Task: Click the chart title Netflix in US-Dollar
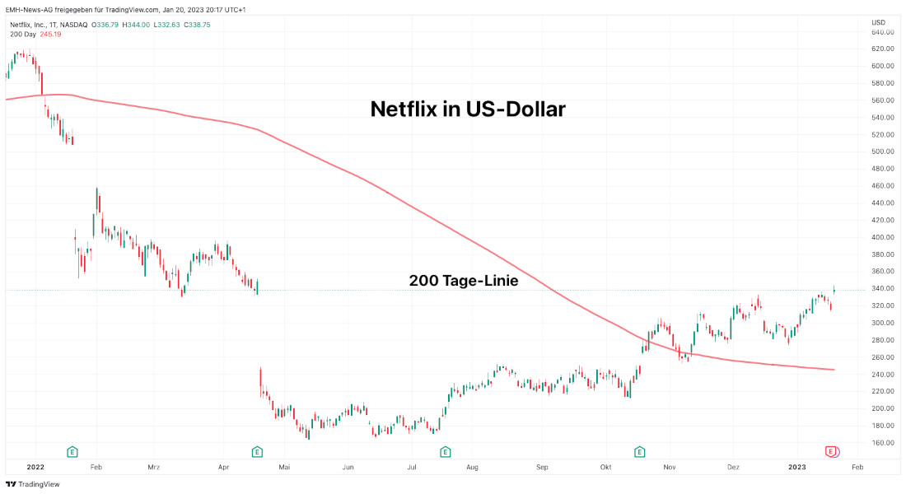(468, 109)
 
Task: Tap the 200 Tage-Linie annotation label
(464, 281)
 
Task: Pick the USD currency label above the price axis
(878, 22)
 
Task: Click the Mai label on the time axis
(285, 467)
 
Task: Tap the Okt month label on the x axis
(605, 467)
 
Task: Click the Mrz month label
(154, 467)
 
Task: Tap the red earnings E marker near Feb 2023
(832, 451)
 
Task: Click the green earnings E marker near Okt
(639, 451)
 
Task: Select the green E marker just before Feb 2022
(72, 451)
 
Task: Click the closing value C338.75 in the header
(197, 25)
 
